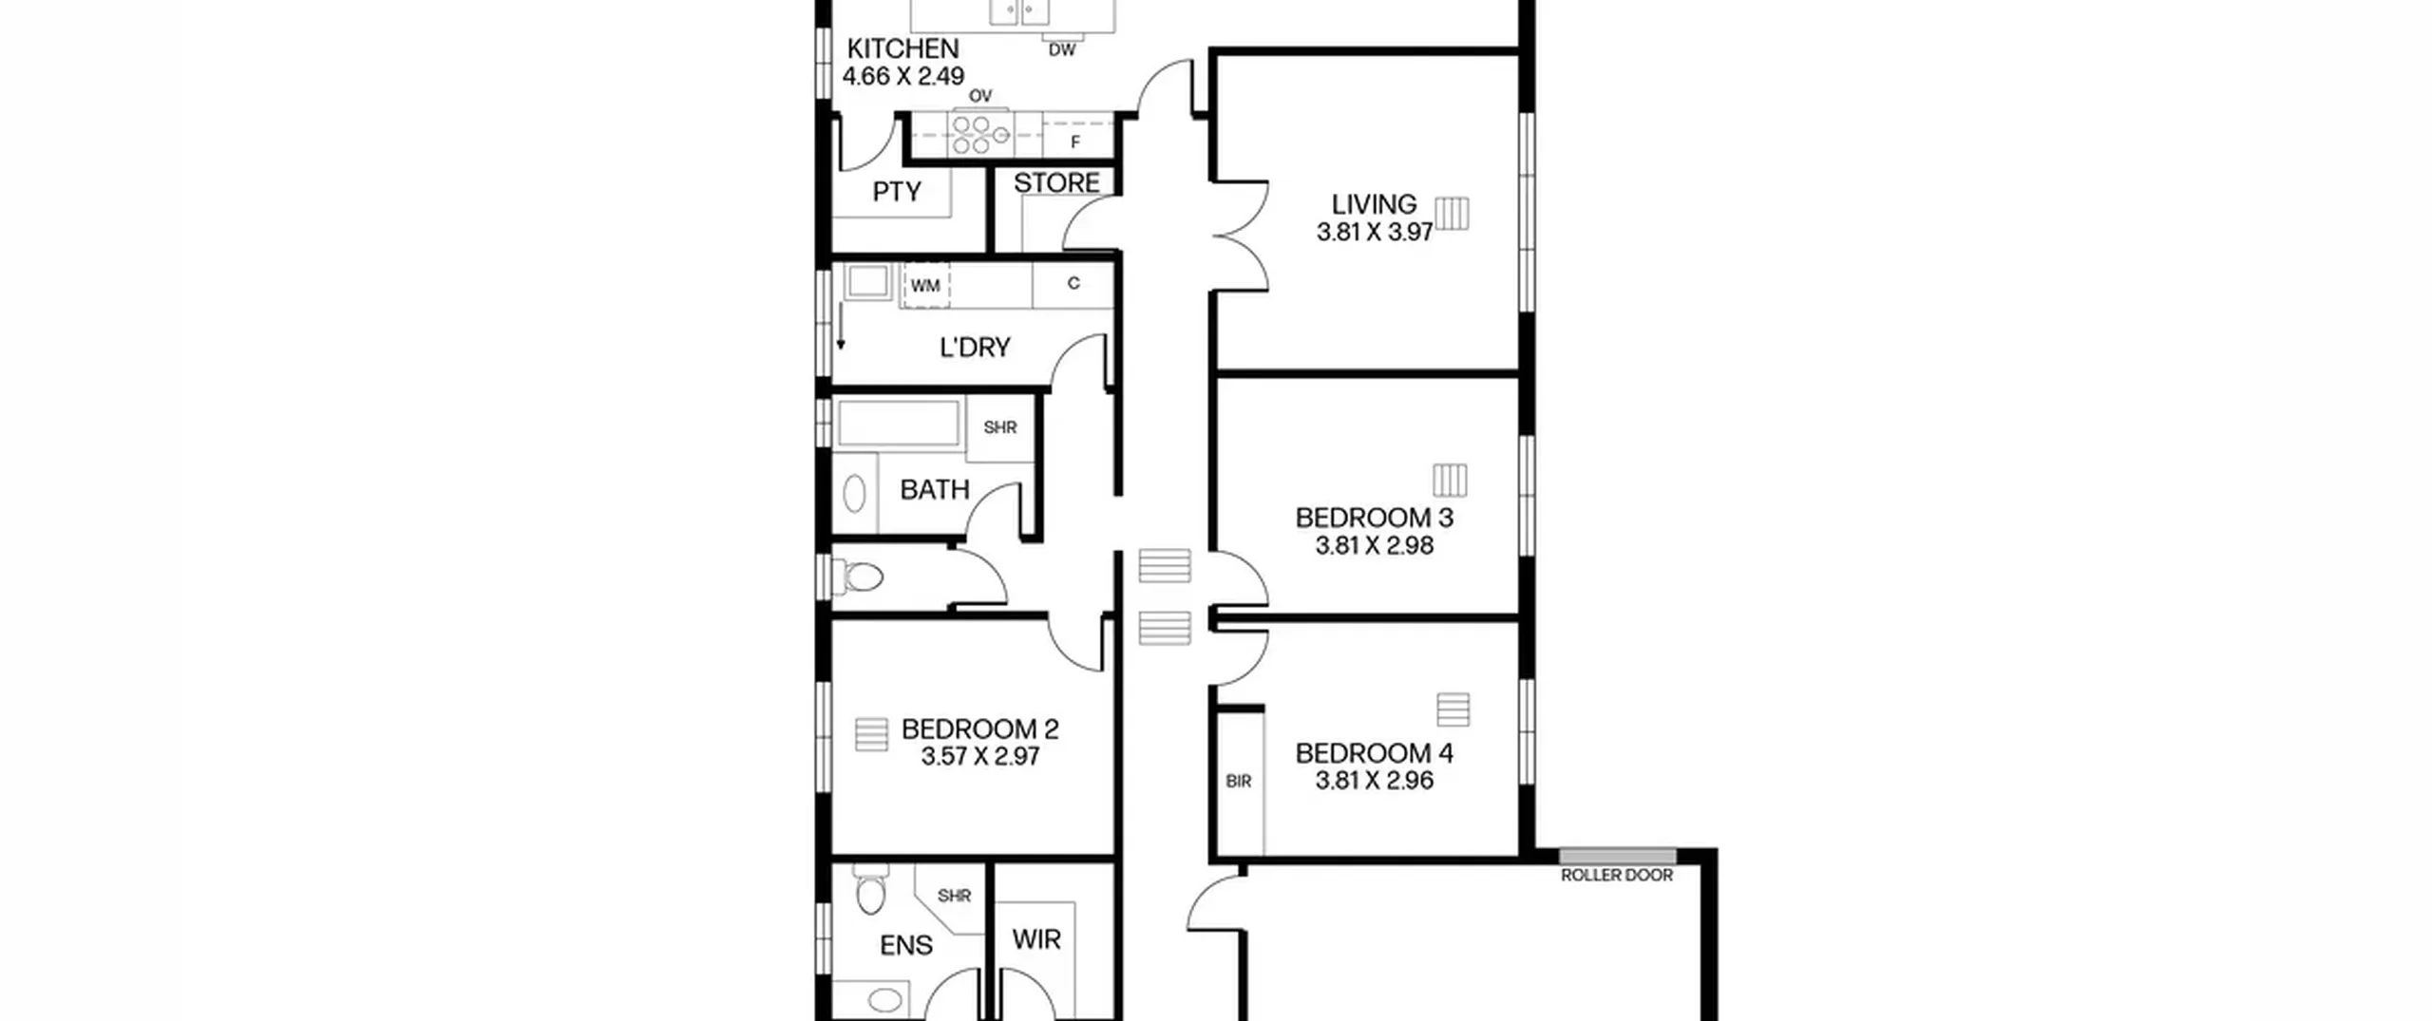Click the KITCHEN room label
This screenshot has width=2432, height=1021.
pos(902,48)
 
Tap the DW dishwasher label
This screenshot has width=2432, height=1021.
pos(1062,50)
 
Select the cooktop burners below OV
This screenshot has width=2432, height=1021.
pos(980,135)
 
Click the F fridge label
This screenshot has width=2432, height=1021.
pos(1075,142)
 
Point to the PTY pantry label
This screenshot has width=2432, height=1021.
pos(897,193)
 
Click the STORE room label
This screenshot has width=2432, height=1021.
pos(1056,183)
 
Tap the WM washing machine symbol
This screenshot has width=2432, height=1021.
pos(925,285)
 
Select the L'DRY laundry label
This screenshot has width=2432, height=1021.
pos(975,348)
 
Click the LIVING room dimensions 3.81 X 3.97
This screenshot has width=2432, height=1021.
pos(1375,233)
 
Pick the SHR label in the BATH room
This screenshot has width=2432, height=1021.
pos(1000,428)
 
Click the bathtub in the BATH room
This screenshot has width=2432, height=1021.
pos(899,424)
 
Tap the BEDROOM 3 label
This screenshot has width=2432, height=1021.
pos(1375,519)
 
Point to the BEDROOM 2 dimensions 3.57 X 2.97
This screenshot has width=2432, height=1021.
pos(980,757)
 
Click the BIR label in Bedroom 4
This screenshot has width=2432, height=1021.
pos(1239,782)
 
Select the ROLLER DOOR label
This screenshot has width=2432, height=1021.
pos(1617,875)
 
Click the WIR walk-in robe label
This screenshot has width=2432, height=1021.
pos(1036,940)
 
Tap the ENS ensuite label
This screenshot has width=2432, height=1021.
pos(906,946)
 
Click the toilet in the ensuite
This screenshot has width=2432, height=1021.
pos(869,889)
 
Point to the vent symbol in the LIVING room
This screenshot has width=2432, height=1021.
pos(1452,214)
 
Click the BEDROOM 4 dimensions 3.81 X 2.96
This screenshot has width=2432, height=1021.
pos(1375,781)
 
